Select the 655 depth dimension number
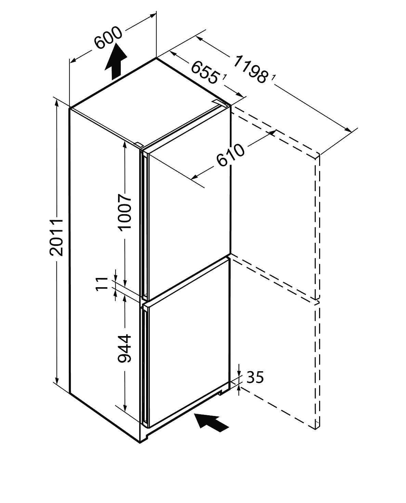204,72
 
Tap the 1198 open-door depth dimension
250,71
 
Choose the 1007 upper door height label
125,212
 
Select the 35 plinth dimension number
255,377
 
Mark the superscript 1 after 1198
273,78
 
